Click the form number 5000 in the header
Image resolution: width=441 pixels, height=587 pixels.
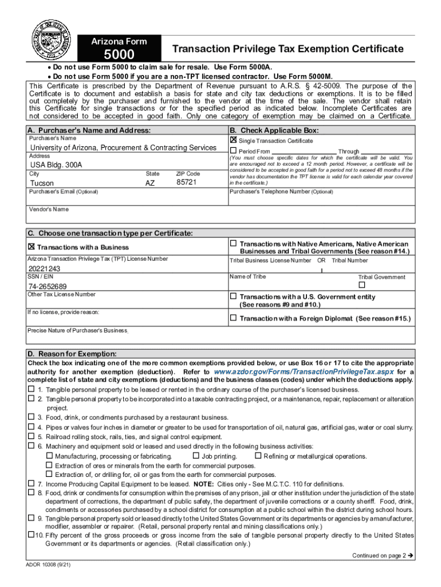(x=119, y=55)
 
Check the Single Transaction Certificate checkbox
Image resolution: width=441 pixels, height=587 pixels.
(x=233, y=140)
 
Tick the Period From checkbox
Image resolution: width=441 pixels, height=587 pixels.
(x=233, y=151)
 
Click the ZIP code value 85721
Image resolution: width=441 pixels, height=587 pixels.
(x=187, y=182)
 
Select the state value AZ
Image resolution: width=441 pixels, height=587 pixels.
(x=149, y=183)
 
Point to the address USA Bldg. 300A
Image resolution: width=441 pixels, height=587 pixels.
(x=56, y=165)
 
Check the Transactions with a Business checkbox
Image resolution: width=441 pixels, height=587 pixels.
(x=31, y=247)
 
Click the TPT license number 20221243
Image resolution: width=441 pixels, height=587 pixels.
(x=45, y=268)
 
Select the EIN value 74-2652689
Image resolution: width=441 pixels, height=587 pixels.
(x=48, y=286)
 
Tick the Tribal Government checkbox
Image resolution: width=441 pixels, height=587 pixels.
(x=361, y=285)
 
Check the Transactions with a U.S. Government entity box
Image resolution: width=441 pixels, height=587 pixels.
(x=233, y=296)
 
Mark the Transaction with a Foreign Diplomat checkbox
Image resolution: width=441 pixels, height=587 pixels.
(x=233, y=318)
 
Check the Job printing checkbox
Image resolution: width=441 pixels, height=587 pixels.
(x=196, y=456)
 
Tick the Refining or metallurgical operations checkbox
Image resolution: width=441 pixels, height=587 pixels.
(x=258, y=456)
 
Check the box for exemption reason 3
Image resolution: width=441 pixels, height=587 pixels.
(x=31, y=417)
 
